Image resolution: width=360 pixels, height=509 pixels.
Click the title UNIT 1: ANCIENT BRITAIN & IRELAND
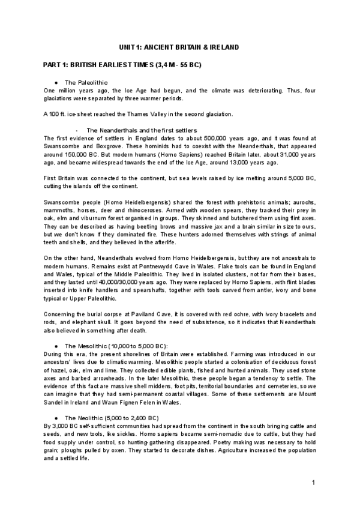pos(179,47)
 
